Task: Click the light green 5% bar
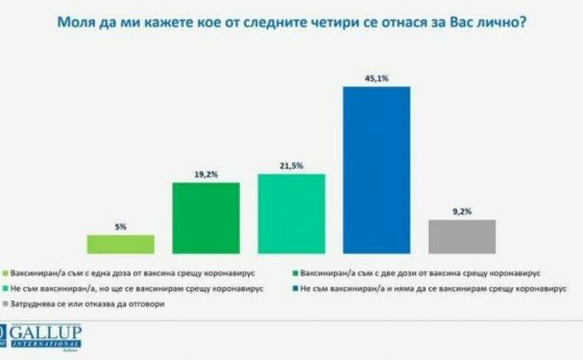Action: pos(120,244)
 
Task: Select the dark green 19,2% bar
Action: pos(205,218)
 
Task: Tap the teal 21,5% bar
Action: pos(291,213)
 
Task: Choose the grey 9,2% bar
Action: pos(462,236)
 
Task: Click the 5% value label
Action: pos(120,227)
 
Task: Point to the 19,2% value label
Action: pos(205,175)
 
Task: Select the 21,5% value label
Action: pos(291,166)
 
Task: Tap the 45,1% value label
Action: pos(376,78)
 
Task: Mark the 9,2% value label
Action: pos(462,211)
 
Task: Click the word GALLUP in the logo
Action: pos(47,331)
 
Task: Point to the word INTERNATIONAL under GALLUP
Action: pos(47,343)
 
